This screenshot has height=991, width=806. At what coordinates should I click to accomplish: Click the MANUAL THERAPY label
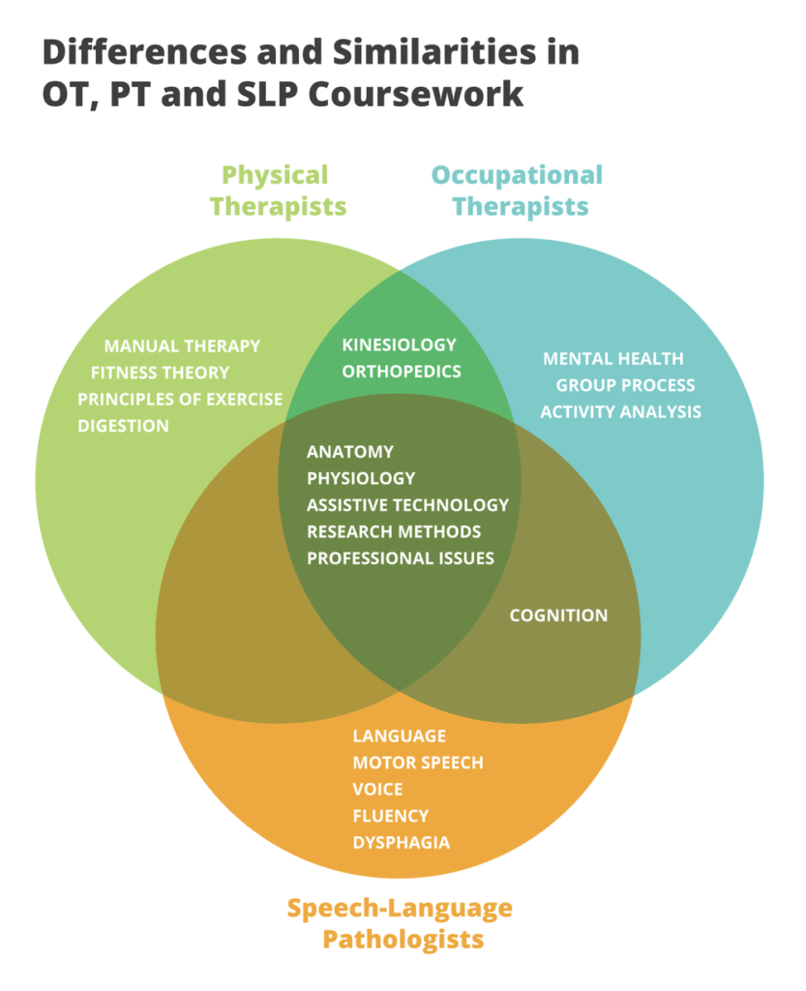[x=182, y=345]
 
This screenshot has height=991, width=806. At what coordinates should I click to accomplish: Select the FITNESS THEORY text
[x=160, y=373]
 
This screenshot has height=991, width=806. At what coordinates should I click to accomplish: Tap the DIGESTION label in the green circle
[x=123, y=426]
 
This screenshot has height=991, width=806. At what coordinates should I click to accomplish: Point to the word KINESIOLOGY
[x=399, y=345]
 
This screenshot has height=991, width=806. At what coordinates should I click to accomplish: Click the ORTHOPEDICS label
[x=401, y=371]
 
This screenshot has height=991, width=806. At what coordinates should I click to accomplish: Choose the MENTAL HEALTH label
[x=612, y=358]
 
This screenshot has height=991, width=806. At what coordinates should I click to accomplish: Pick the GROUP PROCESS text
[x=624, y=385]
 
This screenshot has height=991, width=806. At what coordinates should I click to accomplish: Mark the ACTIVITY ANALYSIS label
[x=620, y=411]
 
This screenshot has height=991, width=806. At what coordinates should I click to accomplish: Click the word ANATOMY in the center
[x=350, y=452]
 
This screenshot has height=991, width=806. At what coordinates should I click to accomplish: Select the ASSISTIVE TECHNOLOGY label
[x=407, y=504]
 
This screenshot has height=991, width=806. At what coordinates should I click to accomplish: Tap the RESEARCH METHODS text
[x=394, y=531]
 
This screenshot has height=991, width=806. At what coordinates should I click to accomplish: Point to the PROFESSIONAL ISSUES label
[x=401, y=557]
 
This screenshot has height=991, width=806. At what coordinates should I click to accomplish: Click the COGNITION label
[x=558, y=616]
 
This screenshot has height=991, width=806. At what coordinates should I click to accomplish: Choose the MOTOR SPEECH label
[x=417, y=763]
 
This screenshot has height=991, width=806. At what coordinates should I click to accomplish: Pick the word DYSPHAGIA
[x=401, y=842]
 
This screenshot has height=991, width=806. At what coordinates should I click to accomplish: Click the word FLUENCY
[x=390, y=816]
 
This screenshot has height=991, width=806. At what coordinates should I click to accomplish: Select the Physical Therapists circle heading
[x=278, y=191]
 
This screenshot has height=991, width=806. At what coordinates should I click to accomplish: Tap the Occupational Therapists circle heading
[x=518, y=191]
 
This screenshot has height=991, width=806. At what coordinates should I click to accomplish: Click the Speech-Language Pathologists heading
[x=400, y=923]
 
